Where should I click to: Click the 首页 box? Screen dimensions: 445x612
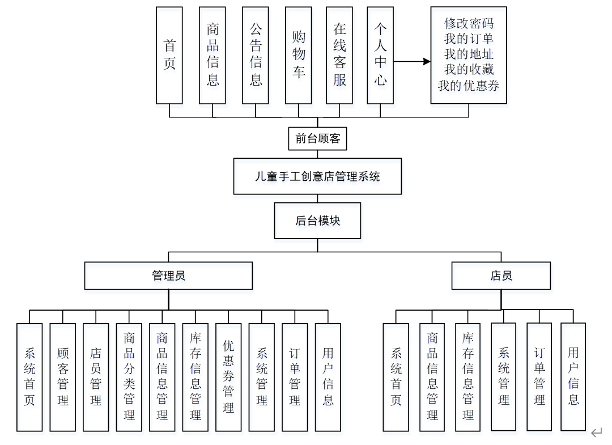click(169, 55)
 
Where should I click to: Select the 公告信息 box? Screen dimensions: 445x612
click(255, 55)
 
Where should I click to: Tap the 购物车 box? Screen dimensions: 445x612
click(299, 55)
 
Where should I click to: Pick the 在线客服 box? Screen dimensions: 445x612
click(339, 55)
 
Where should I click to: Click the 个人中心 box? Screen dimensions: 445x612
click(380, 55)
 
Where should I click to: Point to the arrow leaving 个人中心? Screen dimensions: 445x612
click(412, 61)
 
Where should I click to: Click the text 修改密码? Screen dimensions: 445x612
click(469, 23)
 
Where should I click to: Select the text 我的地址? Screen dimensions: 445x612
click(469, 54)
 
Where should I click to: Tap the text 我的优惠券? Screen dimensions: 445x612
click(469, 85)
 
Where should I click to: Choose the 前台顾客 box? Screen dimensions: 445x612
click(317, 138)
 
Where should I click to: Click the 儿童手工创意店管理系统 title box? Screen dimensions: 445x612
click(317, 176)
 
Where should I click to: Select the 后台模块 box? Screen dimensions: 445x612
click(317, 221)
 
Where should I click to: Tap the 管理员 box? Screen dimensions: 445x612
click(168, 276)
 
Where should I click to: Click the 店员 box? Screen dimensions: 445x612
click(501, 276)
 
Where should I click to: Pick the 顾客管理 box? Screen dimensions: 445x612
click(62, 377)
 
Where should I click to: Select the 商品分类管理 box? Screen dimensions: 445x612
click(129, 377)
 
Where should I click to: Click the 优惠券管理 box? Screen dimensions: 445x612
click(228, 377)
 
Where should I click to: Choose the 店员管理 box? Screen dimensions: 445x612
click(96, 377)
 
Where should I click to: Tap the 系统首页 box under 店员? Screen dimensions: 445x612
click(396, 377)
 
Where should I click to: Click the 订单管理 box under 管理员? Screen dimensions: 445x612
click(295, 377)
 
